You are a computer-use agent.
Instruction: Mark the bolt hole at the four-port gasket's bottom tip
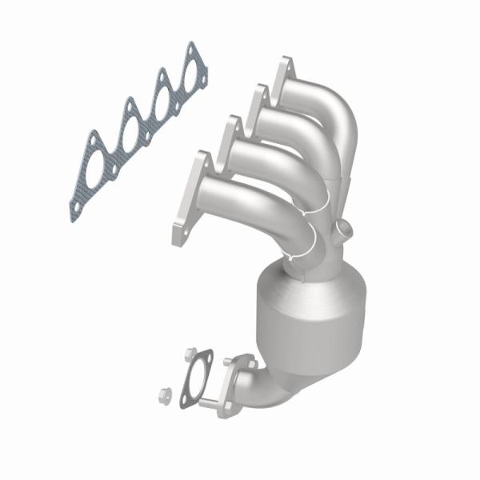click(74, 210)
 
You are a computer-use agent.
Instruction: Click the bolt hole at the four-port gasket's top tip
click(190, 50)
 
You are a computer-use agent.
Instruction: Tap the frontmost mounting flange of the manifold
click(188, 200)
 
